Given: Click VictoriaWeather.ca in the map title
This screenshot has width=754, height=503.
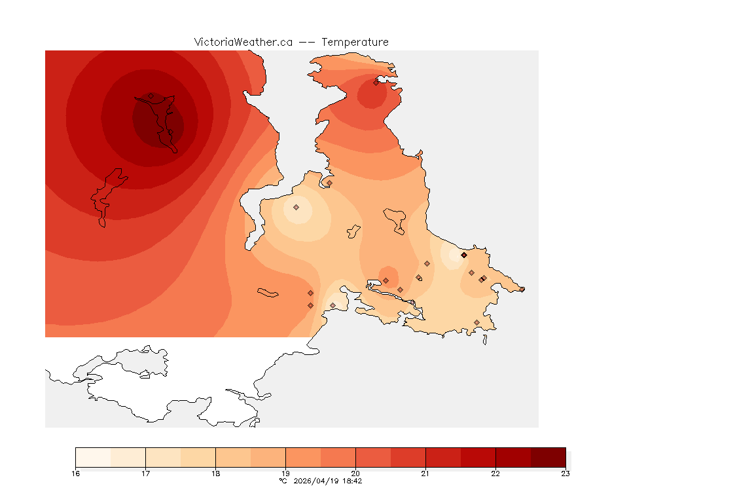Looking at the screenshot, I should (243, 42).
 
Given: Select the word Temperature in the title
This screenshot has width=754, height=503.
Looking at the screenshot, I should (355, 42).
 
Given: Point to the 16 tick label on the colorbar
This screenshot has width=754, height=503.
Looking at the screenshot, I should (76, 474).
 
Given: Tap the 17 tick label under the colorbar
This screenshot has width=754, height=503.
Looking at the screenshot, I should (145, 474).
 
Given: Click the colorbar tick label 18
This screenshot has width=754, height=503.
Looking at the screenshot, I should (215, 474).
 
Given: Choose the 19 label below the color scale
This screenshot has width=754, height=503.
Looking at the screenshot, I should (285, 474).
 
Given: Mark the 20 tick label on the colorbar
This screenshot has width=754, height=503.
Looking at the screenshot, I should (355, 474).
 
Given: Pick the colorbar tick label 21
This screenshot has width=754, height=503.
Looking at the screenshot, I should (425, 474).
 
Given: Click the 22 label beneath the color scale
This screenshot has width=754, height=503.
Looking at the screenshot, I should (495, 474).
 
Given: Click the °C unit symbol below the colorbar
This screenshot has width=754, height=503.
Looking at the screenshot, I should (283, 481).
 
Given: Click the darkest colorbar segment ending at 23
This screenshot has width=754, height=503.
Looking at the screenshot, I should (548, 457).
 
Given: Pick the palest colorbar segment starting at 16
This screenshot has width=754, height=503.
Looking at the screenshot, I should (93, 457).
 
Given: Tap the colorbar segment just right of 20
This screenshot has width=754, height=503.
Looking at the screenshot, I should (373, 457).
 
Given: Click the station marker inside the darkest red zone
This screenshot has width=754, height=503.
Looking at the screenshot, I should (151, 96).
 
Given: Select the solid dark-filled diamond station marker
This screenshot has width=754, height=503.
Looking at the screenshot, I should (463, 255).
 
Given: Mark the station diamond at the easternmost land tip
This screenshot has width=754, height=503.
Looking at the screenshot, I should (522, 289).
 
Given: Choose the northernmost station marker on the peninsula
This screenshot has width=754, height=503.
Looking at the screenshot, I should (376, 83).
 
